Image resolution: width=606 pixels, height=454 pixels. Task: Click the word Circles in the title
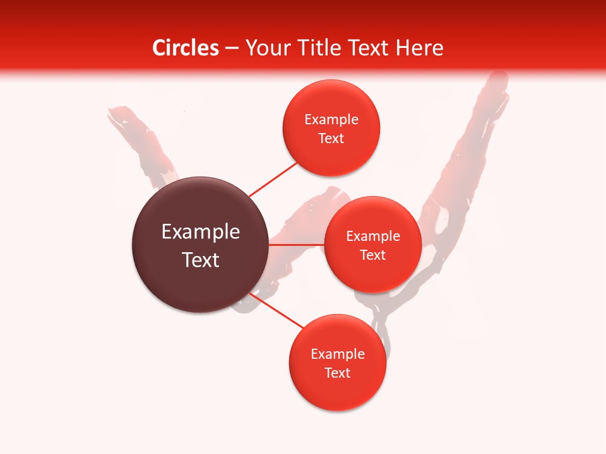186,48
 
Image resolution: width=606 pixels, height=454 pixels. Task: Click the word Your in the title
266,48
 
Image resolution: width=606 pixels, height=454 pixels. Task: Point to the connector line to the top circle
273,180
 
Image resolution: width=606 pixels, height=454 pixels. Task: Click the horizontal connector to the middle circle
297,244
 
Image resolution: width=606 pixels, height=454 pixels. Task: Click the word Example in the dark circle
201,232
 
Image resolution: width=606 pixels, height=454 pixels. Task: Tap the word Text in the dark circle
201,260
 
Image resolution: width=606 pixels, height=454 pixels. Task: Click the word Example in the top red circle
331,120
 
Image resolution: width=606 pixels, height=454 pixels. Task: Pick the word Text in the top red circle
331,139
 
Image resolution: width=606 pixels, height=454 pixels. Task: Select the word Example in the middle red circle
373,236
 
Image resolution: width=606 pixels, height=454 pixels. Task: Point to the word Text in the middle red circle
373,255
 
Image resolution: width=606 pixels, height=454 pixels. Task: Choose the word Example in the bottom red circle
338,354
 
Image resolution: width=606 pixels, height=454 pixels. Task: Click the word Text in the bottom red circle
338,373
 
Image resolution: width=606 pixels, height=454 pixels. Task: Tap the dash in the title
232,49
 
